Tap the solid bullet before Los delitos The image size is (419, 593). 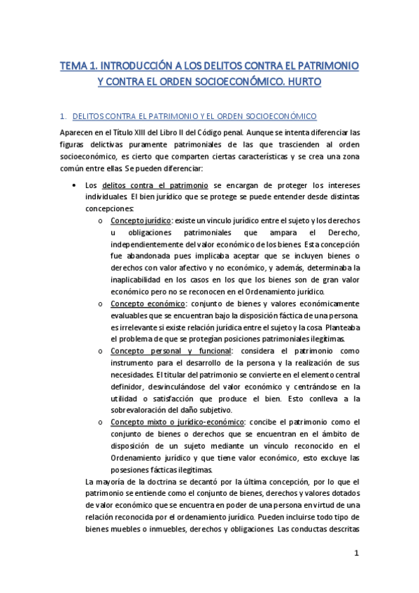click(74, 185)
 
